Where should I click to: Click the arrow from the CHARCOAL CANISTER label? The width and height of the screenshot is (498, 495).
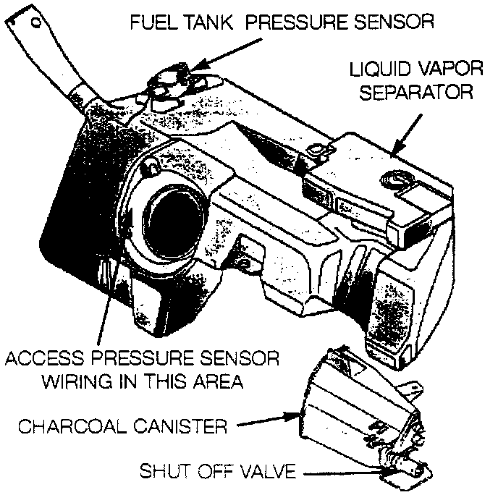pyautogui.click(x=268, y=420)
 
